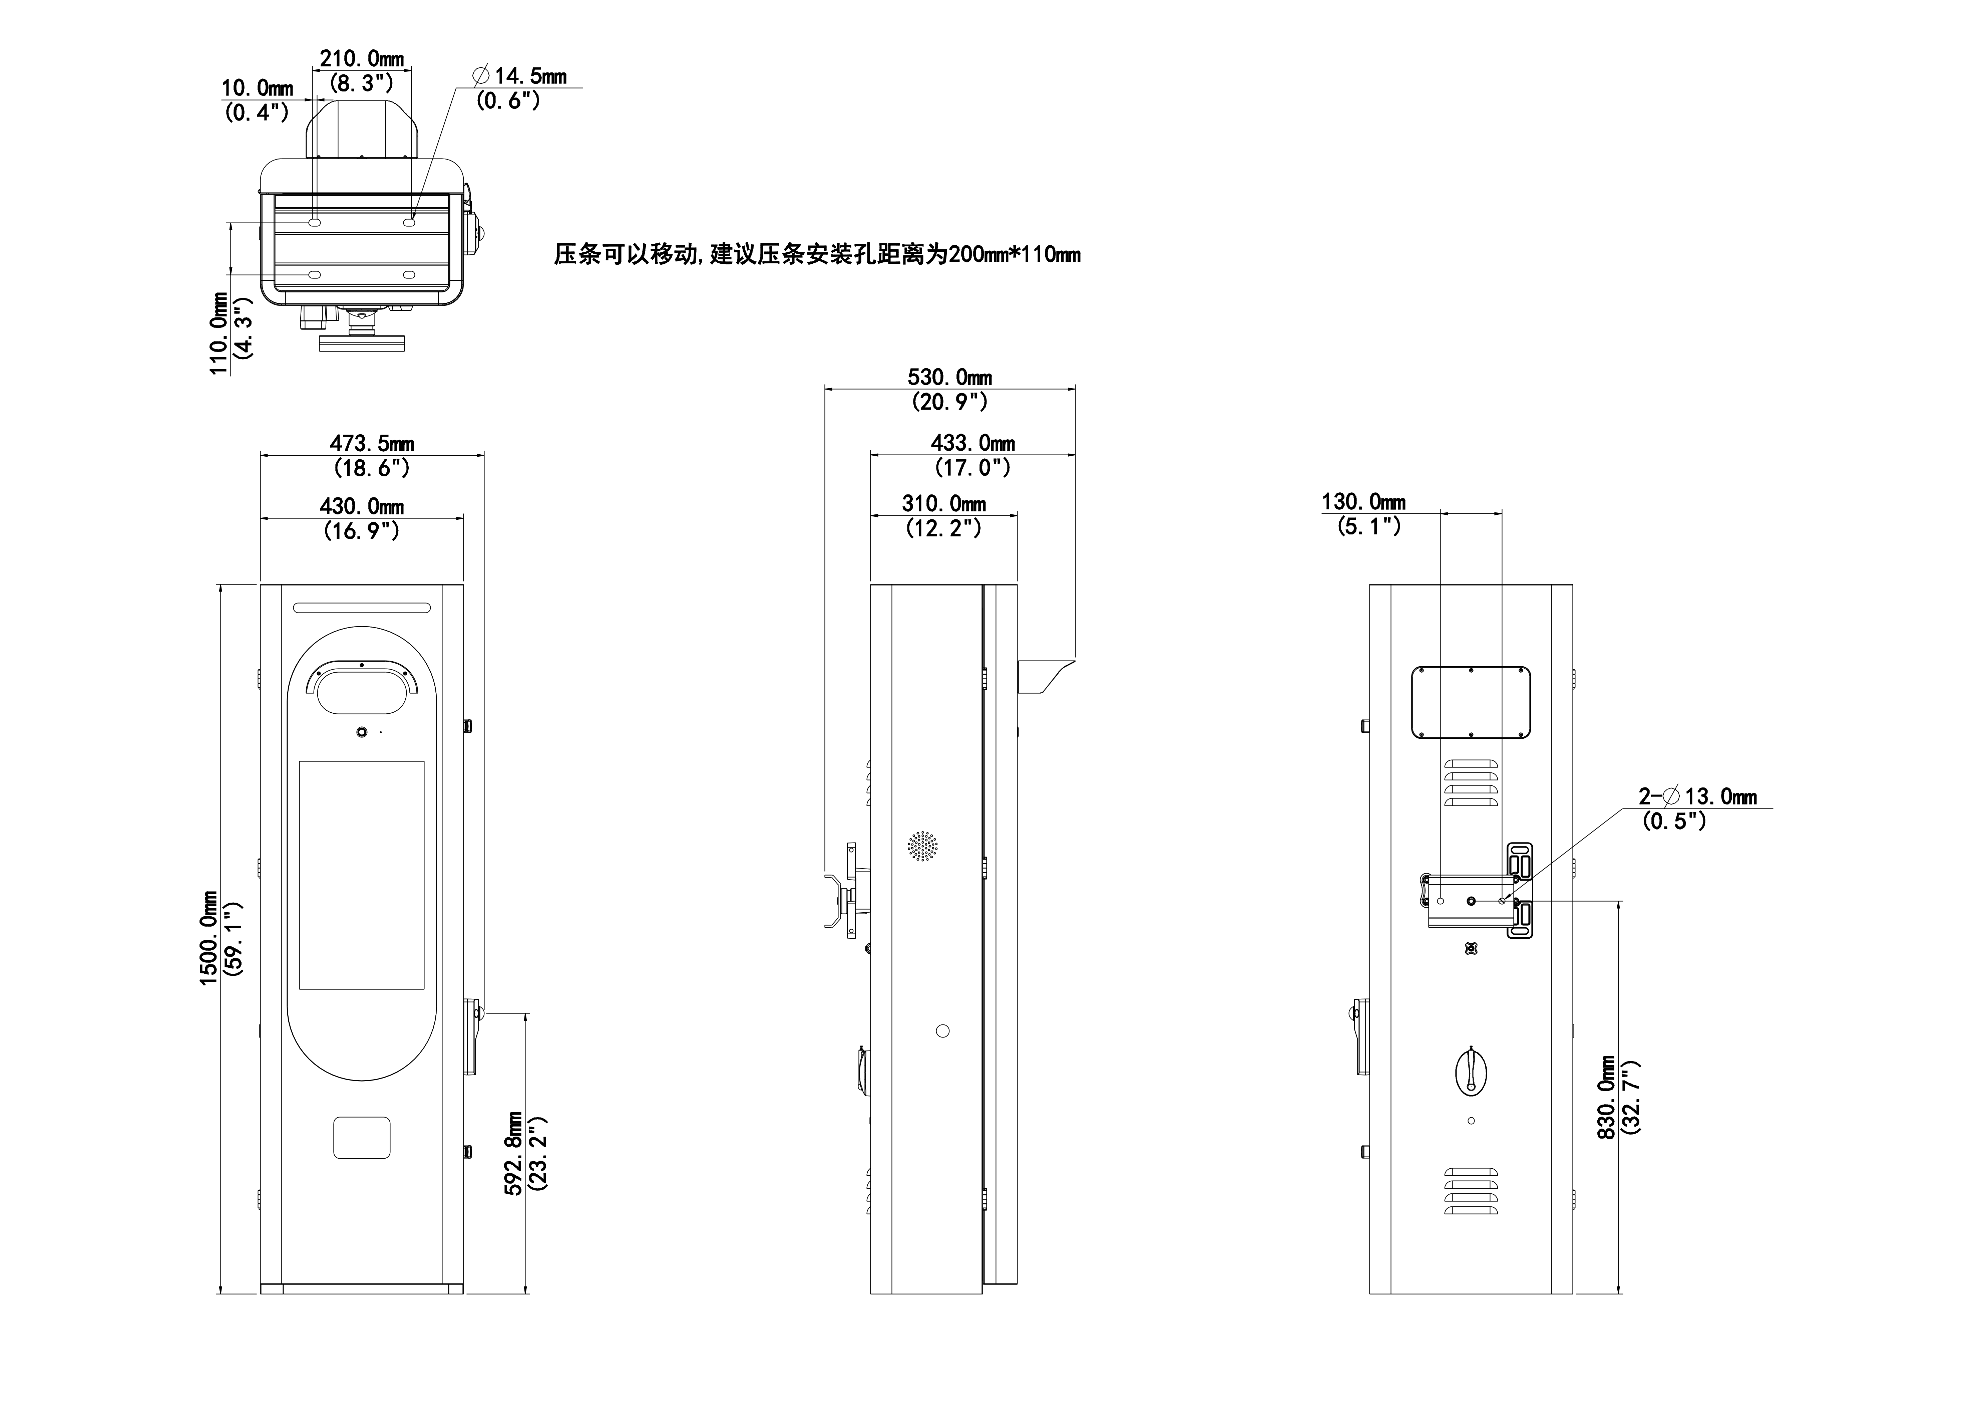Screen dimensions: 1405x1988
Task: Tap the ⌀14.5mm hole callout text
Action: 519,76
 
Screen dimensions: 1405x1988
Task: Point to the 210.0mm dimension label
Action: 362,59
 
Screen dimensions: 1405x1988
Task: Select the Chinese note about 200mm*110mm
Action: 816,255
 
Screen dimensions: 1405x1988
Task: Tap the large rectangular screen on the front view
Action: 362,875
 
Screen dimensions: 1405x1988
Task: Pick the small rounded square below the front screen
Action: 362,1137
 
